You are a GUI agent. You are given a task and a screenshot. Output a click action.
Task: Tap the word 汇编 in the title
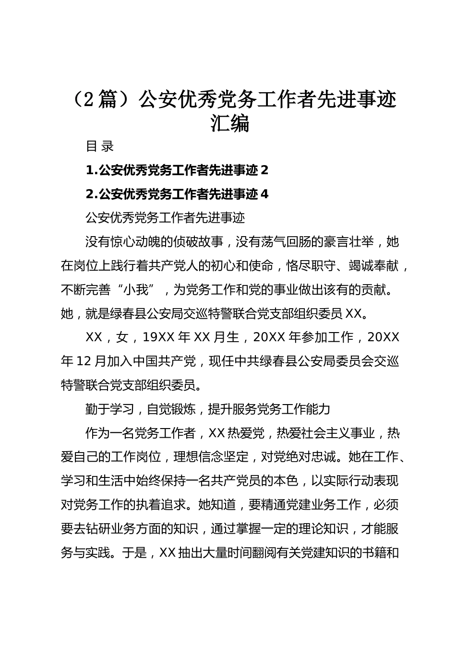click(x=230, y=124)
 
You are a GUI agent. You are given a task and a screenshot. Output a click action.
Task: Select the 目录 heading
click(x=99, y=146)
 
